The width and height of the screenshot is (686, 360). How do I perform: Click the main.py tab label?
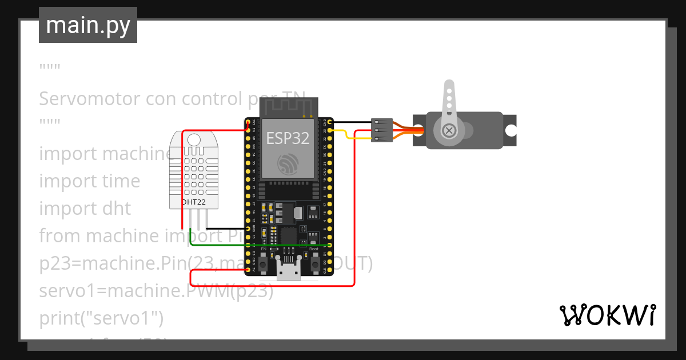pos(87,25)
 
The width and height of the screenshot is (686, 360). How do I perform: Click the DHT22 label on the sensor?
pos(194,202)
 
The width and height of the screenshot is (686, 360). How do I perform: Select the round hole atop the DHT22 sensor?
pos(194,139)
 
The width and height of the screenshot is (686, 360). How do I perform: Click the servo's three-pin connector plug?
pos(381,130)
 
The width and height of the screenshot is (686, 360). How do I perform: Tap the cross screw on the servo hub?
pos(450,131)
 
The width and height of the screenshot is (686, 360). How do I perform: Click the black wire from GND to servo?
pos(352,122)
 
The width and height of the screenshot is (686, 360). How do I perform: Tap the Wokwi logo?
pos(607,315)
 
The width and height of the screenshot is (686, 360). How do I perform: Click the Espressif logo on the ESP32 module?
pos(288,164)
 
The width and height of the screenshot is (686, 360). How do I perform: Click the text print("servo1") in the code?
pos(101,317)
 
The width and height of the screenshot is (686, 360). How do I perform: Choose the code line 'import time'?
pos(89,181)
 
